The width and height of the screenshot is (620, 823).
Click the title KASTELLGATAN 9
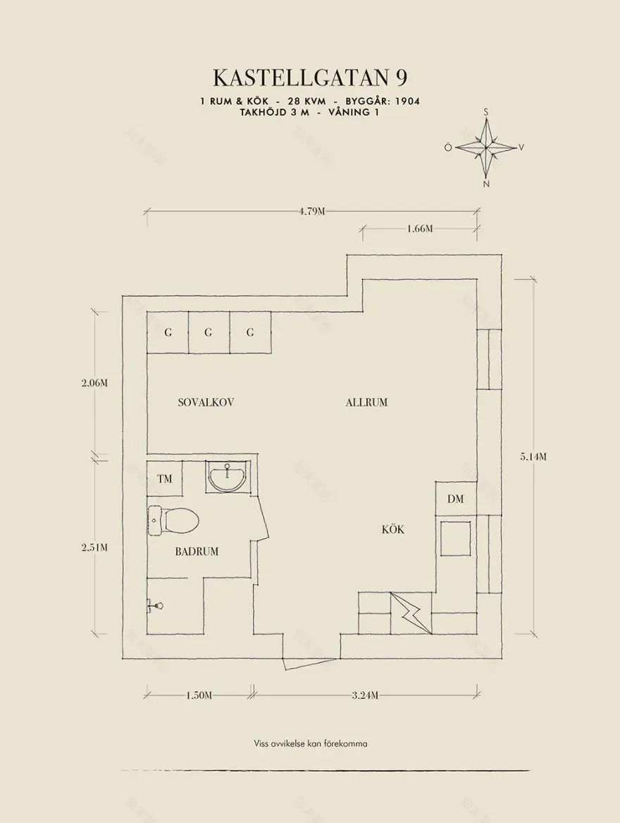310,76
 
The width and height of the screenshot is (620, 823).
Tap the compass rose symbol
486,147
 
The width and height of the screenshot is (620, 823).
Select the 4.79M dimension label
311,211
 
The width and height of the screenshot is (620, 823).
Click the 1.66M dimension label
419,229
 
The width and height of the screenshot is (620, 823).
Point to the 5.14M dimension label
533,456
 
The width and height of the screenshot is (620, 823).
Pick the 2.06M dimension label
94,383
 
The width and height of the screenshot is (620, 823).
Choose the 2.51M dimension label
94,547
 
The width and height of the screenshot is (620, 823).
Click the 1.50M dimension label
199,695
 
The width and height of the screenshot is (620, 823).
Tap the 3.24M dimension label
365,695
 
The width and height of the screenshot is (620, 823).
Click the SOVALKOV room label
205,403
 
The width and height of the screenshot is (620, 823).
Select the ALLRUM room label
366,403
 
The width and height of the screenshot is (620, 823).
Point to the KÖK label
393,530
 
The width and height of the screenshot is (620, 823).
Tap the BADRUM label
197,551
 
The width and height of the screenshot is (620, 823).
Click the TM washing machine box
165,479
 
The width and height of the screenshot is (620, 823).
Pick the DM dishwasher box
455,499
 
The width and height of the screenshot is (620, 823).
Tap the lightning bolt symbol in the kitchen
409,613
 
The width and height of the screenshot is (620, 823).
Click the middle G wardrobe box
209,333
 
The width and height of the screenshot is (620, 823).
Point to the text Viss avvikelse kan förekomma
311,743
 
